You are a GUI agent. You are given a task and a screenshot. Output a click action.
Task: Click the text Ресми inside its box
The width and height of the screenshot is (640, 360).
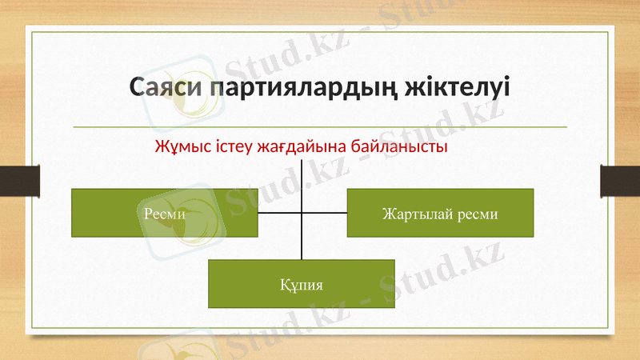(165, 214)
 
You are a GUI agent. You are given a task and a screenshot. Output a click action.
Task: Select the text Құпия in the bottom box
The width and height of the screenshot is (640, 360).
(302, 284)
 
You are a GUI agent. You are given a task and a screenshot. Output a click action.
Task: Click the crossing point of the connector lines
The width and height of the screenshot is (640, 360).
(302, 214)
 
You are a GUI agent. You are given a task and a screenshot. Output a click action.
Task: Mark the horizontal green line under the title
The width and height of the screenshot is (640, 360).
(320, 126)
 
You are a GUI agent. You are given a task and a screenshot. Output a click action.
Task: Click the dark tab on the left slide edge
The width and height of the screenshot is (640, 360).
(19, 180)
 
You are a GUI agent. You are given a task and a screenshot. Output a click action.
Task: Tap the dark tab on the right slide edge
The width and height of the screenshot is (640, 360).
(620, 180)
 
